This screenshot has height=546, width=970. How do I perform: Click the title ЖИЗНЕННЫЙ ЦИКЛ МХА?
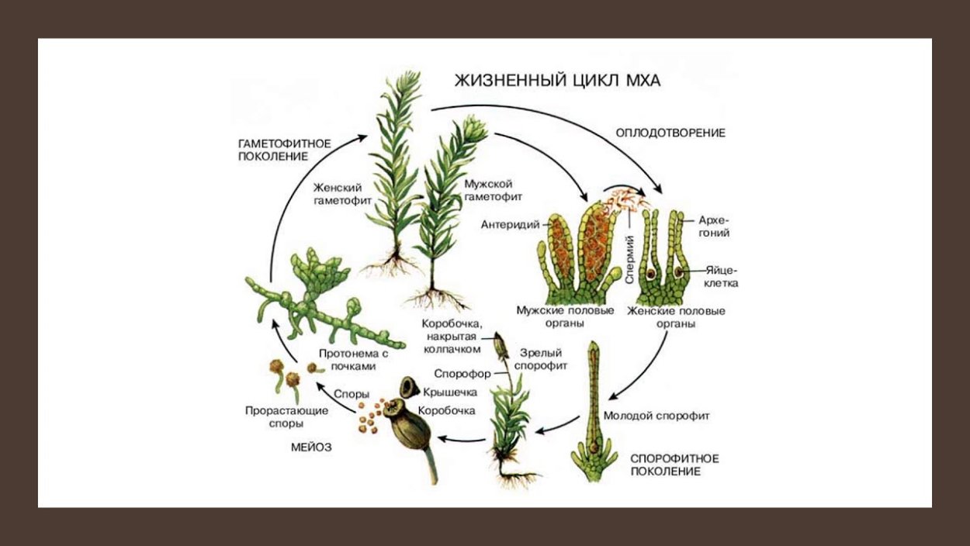point(556,81)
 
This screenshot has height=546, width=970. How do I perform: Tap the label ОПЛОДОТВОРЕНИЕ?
point(670,133)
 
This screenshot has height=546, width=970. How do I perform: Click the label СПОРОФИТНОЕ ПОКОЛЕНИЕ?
point(674,465)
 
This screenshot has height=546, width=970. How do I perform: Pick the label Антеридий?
point(509,226)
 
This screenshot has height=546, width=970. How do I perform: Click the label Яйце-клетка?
point(722,277)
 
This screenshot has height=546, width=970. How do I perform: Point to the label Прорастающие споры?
point(275,417)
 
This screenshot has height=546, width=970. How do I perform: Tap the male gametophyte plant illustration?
point(448,209)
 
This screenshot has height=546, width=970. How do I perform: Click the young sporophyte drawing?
point(594,411)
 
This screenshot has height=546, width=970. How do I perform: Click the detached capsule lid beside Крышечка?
point(411,386)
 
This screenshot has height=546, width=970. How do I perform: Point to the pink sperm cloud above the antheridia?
point(625,199)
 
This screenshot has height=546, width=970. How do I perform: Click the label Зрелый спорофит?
point(544,358)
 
